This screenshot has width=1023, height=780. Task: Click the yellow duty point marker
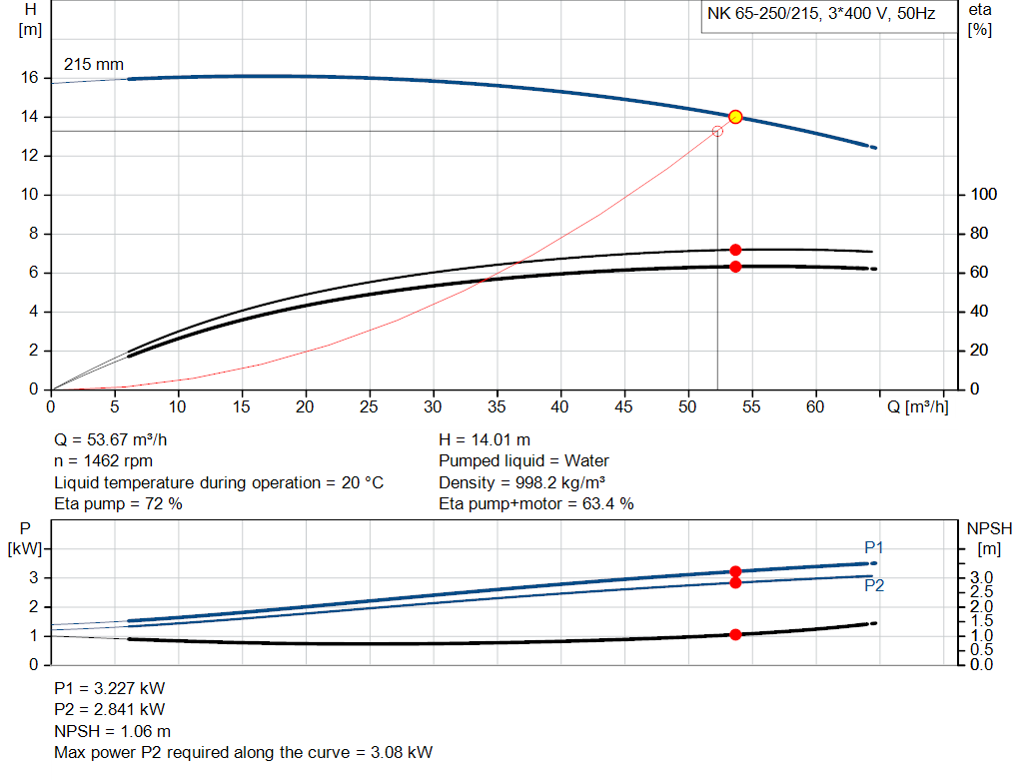(x=735, y=117)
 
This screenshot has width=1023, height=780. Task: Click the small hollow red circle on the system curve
(x=717, y=131)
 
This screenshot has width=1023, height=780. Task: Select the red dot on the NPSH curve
(x=735, y=634)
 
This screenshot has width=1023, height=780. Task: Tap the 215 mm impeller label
(x=94, y=64)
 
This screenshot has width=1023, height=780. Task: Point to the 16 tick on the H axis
(x=29, y=78)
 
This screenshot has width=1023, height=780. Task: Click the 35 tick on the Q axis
(x=497, y=406)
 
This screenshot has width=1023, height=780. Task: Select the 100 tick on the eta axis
(x=984, y=195)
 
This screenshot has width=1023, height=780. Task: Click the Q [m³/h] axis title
(x=918, y=406)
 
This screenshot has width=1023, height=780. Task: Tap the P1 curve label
(x=874, y=547)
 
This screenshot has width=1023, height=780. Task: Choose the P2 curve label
(x=874, y=586)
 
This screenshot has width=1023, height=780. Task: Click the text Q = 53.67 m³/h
(x=118, y=439)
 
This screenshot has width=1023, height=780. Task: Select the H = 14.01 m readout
(x=485, y=439)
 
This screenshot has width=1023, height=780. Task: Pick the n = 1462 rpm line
(x=103, y=461)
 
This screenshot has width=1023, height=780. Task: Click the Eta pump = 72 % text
(x=118, y=504)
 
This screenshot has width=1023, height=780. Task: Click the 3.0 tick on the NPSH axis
(x=981, y=578)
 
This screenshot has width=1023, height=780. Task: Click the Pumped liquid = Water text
(x=523, y=461)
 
